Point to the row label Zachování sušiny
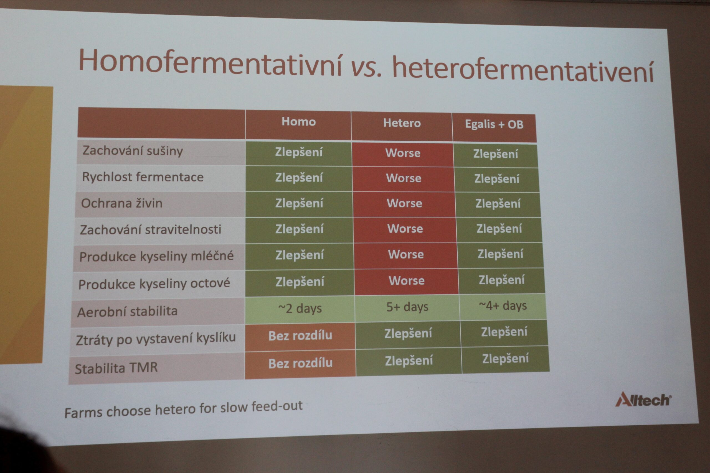click(133, 150)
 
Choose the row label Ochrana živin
click(122, 203)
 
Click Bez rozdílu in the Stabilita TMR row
click(300, 363)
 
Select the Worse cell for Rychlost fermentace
click(404, 178)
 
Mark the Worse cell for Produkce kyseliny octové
click(407, 281)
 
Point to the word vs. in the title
click(366, 67)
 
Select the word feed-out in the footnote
click(277, 406)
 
